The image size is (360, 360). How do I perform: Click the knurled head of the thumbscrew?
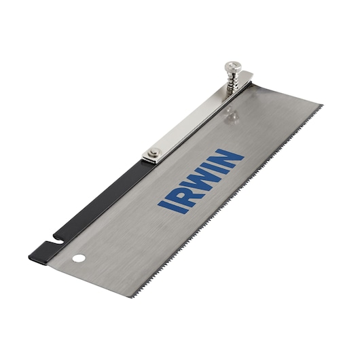point(231,67)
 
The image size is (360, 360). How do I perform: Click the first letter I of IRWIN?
point(165,203)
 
